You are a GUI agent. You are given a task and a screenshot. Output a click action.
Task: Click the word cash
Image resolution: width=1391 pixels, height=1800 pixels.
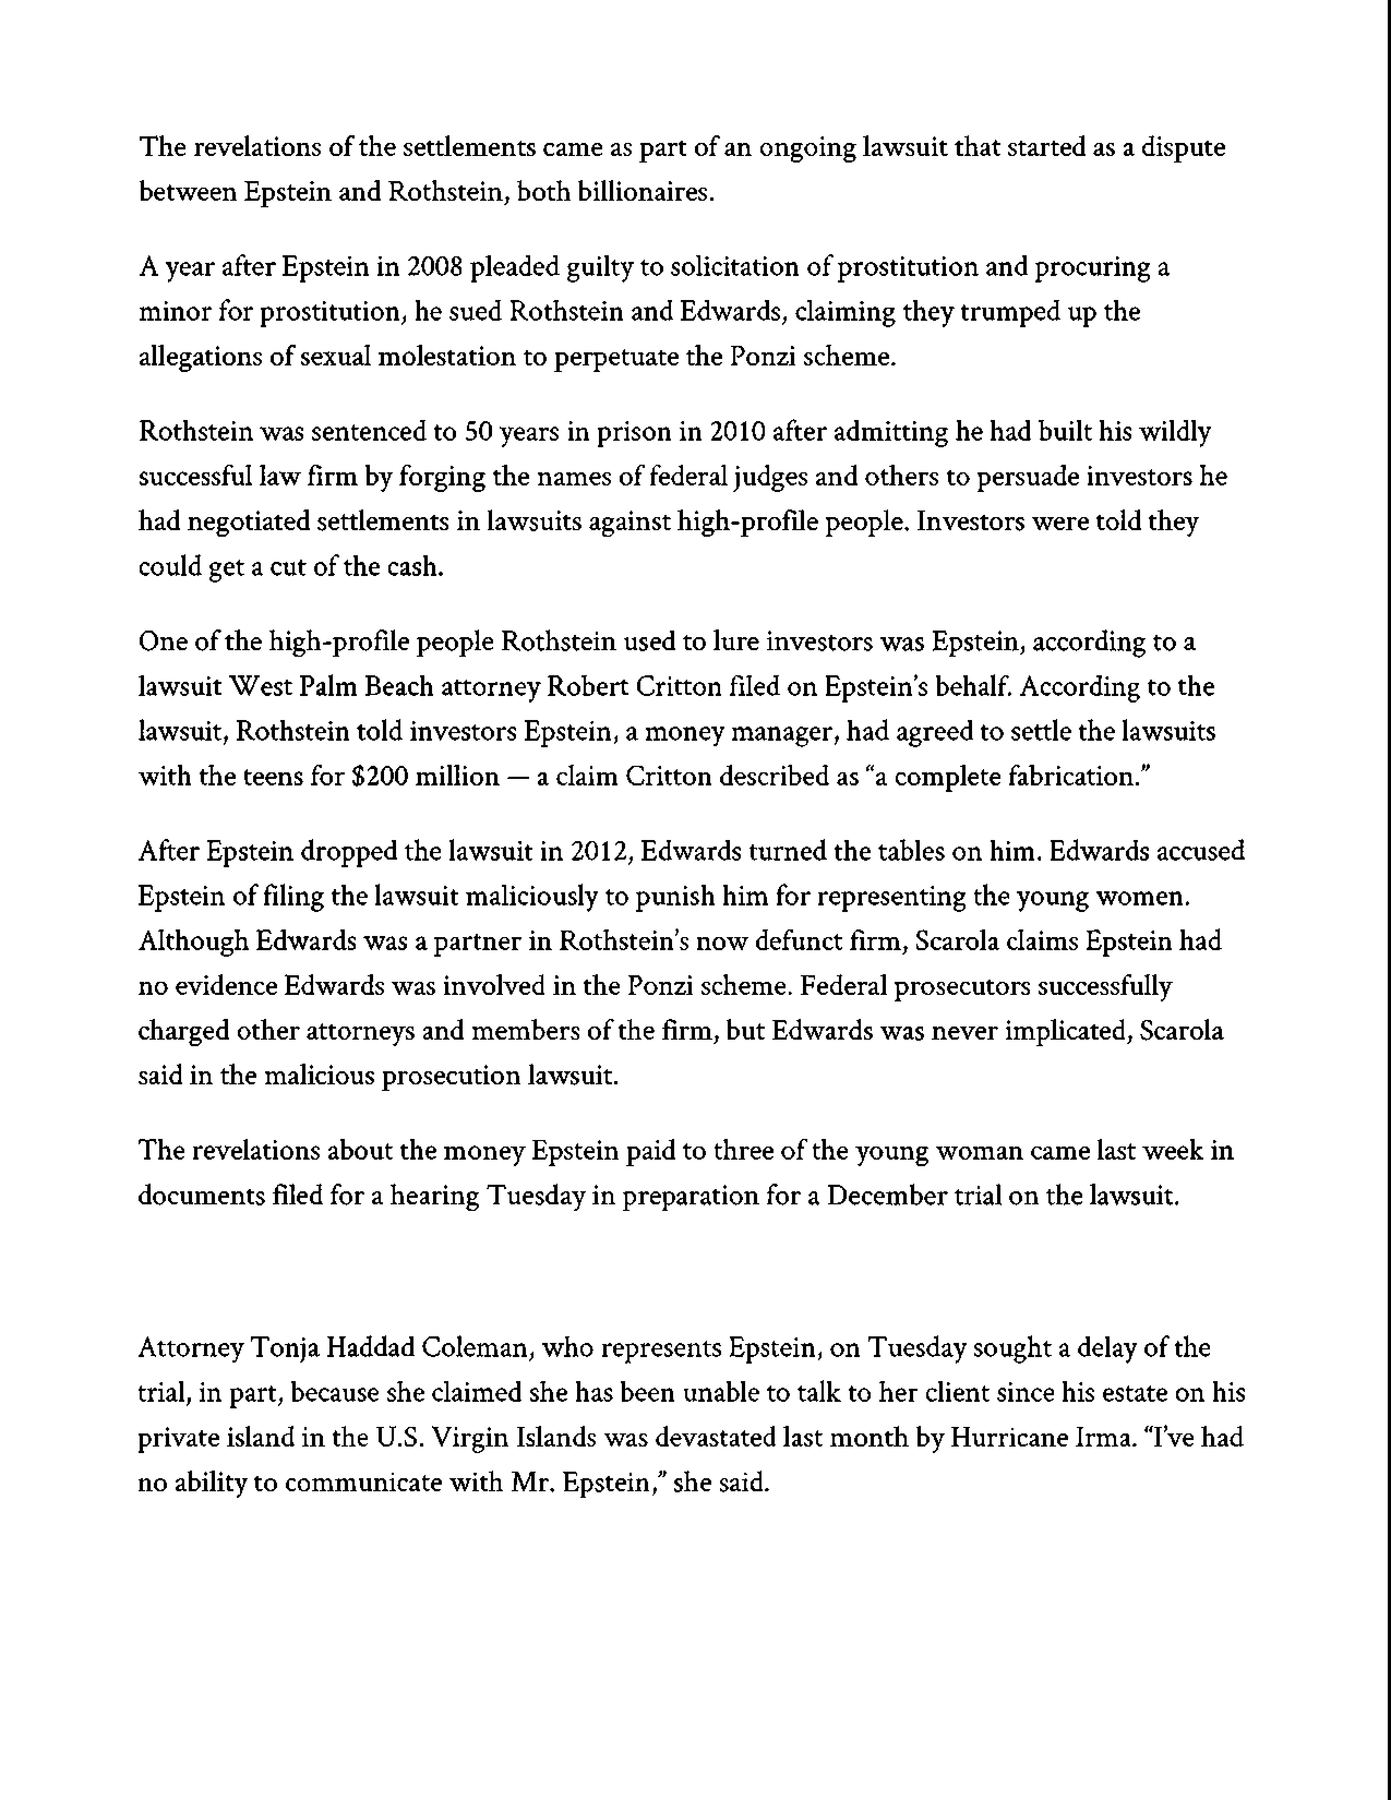tap(415, 567)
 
